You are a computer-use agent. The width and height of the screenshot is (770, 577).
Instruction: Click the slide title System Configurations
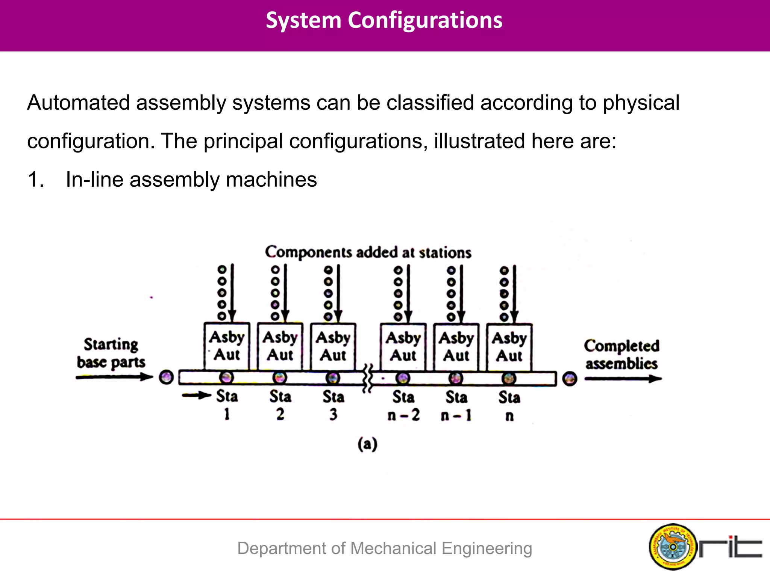point(384,20)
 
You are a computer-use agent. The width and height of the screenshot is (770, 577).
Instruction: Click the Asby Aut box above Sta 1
point(227,346)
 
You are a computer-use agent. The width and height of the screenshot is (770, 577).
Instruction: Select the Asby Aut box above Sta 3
point(333,346)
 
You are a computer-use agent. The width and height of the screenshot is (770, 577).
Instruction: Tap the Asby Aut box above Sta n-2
point(403,347)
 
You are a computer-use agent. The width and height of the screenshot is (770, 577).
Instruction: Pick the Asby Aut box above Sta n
point(509,347)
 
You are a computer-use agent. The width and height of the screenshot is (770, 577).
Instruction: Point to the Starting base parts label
point(111,353)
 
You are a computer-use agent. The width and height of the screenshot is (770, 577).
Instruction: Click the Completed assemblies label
point(621,355)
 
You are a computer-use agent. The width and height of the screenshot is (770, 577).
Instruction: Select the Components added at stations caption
point(368,252)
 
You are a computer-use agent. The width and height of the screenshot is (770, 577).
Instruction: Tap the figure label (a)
point(367,444)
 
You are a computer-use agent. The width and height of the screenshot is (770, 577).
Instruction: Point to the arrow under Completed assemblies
point(623,379)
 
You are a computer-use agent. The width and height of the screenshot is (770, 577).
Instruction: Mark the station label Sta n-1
point(456,406)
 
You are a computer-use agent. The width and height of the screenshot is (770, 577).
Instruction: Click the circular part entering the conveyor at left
point(166,377)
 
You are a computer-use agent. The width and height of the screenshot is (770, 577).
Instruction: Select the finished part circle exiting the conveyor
point(570,379)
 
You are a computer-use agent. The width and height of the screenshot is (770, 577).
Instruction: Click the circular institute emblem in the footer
point(673,547)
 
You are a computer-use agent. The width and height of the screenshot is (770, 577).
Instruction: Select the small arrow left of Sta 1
point(196,395)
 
